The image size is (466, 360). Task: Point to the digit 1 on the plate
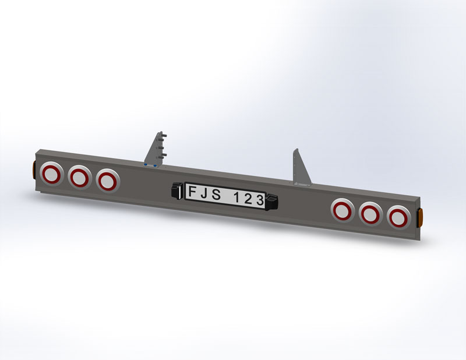click(236, 197)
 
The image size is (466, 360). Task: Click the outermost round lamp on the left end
click(51, 174)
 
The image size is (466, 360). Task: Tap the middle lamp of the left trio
click(79, 178)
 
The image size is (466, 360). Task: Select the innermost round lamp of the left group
click(108, 181)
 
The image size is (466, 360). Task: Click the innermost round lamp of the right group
click(343, 210)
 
